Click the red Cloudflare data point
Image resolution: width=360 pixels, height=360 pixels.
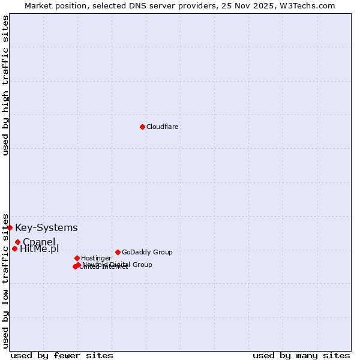142,127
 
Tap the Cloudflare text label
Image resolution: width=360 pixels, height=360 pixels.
162,127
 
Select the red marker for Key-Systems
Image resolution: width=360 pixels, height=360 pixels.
10,227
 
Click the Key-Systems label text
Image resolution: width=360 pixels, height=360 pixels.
46,227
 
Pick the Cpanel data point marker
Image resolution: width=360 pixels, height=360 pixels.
17,242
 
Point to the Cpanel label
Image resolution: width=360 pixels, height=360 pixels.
39,242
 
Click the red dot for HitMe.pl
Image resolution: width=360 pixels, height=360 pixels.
14,248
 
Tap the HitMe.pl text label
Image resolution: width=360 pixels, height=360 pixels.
40,249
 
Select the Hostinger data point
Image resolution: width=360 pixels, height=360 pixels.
77,258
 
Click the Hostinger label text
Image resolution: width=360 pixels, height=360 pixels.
96,258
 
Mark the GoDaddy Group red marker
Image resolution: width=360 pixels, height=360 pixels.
118,252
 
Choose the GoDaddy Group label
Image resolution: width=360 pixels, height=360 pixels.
147,252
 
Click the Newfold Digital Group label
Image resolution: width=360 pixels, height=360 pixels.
118,265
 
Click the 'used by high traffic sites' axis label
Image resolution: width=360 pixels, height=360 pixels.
5,85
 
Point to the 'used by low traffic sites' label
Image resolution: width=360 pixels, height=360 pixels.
5,281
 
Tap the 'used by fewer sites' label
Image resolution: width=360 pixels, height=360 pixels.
62,355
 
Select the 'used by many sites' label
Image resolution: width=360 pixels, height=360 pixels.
301,355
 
